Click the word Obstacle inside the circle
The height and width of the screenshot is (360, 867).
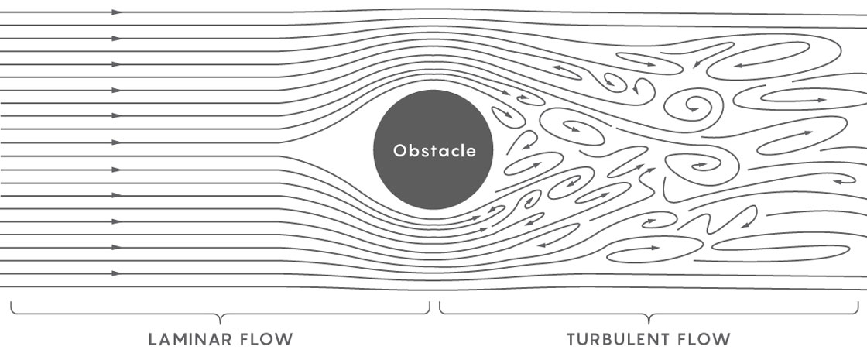(434, 150)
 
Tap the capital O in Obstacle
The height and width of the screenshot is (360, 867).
(399, 150)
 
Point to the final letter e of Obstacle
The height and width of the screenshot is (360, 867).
(471, 152)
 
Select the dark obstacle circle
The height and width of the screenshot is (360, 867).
(433, 149)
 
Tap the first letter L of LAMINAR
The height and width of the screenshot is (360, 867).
(152, 339)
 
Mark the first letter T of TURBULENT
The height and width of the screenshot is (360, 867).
(572, 339)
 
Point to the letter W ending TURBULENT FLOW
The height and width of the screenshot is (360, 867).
(722, 339)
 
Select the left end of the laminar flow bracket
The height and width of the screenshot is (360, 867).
(11, 302)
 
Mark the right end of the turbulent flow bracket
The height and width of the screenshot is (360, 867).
(858, 302)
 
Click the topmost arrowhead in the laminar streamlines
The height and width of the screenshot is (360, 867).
(116, 12)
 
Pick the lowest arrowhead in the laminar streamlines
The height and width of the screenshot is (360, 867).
(116, 273)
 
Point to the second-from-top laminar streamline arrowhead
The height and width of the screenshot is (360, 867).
(116, 38)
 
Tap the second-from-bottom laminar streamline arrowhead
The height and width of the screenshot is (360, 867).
(116, 247)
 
